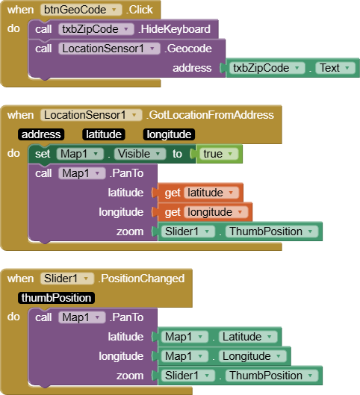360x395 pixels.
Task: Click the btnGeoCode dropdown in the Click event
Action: (x=81, y=10)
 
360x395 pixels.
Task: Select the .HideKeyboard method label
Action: (x=174, y=29)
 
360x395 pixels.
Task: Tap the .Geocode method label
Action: (x=188, y=49)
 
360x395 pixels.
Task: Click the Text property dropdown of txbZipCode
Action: (x=335, y=68)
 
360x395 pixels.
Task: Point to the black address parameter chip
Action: (x=41, y=134)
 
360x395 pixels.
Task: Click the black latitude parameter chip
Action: (x=104, y=134)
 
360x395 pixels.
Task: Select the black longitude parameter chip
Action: (x=169, y=134)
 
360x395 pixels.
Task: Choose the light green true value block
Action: (x=219, y=154)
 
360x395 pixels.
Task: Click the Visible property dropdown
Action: (x=140, y=154)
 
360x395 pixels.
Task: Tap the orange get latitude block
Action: (x=200, y=193)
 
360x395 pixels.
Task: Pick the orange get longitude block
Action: (x=205, y=212)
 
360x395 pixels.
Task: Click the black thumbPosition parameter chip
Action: (x=56, y=298)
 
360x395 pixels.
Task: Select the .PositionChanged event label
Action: (x=141, y=279)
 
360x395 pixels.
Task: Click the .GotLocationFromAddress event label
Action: (x=210, y=115)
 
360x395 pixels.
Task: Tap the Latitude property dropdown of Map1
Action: (x=248, y=337)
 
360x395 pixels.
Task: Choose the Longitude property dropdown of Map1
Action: (x=252, y=356)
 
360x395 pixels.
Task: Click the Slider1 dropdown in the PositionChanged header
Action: (x=67, y=279)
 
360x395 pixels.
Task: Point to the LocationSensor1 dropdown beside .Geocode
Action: (x=109, y=49)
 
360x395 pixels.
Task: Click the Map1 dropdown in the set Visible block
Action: (x=80, y=154)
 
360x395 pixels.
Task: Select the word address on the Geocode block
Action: (x=192, y=68)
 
